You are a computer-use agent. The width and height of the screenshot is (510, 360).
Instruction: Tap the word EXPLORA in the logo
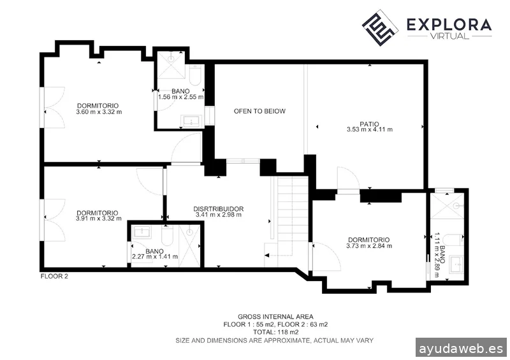(449, 25)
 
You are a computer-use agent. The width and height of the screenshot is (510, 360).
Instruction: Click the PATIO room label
(369, 124)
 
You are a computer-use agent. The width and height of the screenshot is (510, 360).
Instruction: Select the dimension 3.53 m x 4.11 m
(369, 130)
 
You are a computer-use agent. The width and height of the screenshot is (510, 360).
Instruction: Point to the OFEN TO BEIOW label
(259, 112)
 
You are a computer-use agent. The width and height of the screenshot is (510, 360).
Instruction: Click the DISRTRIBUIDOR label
(219, 208)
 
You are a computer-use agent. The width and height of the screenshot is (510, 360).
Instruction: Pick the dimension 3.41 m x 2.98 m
(219, 215)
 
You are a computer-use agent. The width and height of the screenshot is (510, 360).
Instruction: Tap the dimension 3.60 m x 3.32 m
(98, 112)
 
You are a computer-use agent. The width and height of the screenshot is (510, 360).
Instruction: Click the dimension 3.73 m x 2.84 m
(368, 246)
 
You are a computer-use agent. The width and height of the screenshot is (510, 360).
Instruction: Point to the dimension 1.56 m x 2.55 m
(180, 97)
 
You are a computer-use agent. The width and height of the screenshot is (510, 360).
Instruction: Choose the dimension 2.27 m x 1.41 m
(154, 257)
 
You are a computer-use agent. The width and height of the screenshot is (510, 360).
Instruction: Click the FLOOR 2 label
(54, 277)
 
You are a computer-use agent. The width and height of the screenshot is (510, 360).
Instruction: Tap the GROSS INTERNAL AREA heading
(275, 317)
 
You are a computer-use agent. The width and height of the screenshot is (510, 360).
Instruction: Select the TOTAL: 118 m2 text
(275, 332)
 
